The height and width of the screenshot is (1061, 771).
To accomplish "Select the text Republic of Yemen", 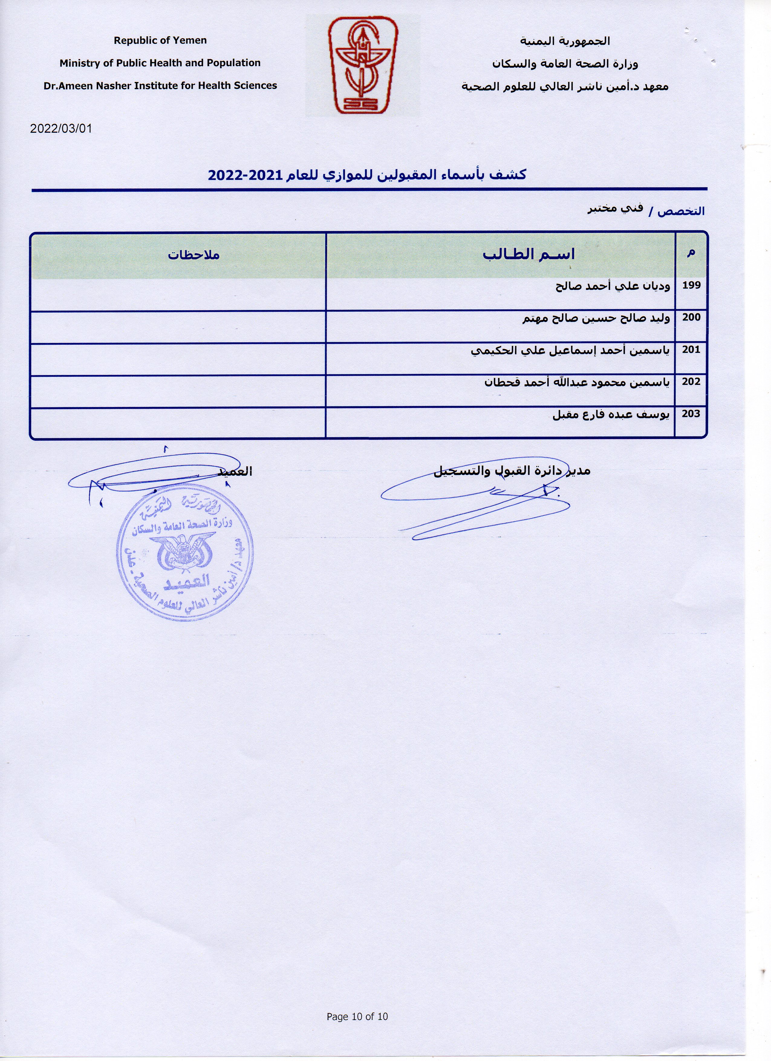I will [160, 41].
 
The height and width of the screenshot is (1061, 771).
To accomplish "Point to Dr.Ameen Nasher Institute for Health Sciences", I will [160, 86].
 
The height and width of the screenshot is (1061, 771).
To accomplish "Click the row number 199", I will [691, 285].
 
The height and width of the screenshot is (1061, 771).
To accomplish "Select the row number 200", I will [691, 318].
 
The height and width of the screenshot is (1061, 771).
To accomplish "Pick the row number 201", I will [691, 350].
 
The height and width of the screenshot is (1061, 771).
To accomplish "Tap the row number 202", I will [691, 382].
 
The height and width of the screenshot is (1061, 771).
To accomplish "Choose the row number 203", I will [691, 414].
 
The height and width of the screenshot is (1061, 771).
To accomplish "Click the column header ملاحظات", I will [194, 255].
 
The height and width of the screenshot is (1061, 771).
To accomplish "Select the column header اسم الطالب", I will [529, 255].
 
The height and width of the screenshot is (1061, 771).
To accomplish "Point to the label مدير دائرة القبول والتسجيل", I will [512, 470].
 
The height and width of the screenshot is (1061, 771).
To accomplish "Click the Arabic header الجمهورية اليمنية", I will [565, 41].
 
